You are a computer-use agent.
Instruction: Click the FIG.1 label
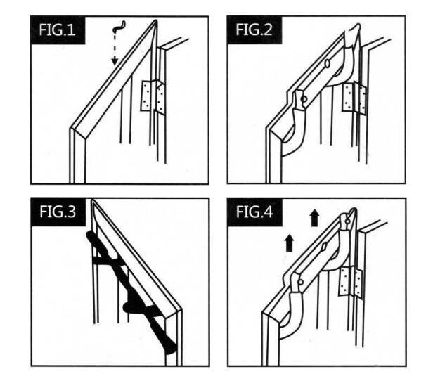click(x=57, y=30)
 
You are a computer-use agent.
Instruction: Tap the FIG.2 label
click(x=254, y=30)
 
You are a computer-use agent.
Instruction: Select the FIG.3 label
click(x=58, y=212)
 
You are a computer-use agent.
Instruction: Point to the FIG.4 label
click(x=254, y=212)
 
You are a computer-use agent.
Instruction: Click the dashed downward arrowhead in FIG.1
click(x=115, y=62)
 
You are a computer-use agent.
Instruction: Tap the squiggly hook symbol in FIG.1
click(x=119, y=26)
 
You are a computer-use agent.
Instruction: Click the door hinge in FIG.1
click(x=153, y=96)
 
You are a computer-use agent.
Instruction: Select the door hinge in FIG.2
click(x=354, y=98)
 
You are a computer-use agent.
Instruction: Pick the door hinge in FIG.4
click(x=351, y=282)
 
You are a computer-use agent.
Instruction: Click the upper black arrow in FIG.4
click(x=314, y=218)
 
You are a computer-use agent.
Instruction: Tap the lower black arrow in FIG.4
click(x=289, y=243)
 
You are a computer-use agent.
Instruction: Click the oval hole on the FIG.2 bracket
click(x=328, y=63)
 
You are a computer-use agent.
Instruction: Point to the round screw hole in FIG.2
click(x=304, y=99)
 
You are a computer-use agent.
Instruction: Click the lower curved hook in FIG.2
click(x=297, y=133)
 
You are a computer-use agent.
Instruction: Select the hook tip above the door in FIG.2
click(x=356, y=30)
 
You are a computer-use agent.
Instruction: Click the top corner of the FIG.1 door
click(x=155, y=20)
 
